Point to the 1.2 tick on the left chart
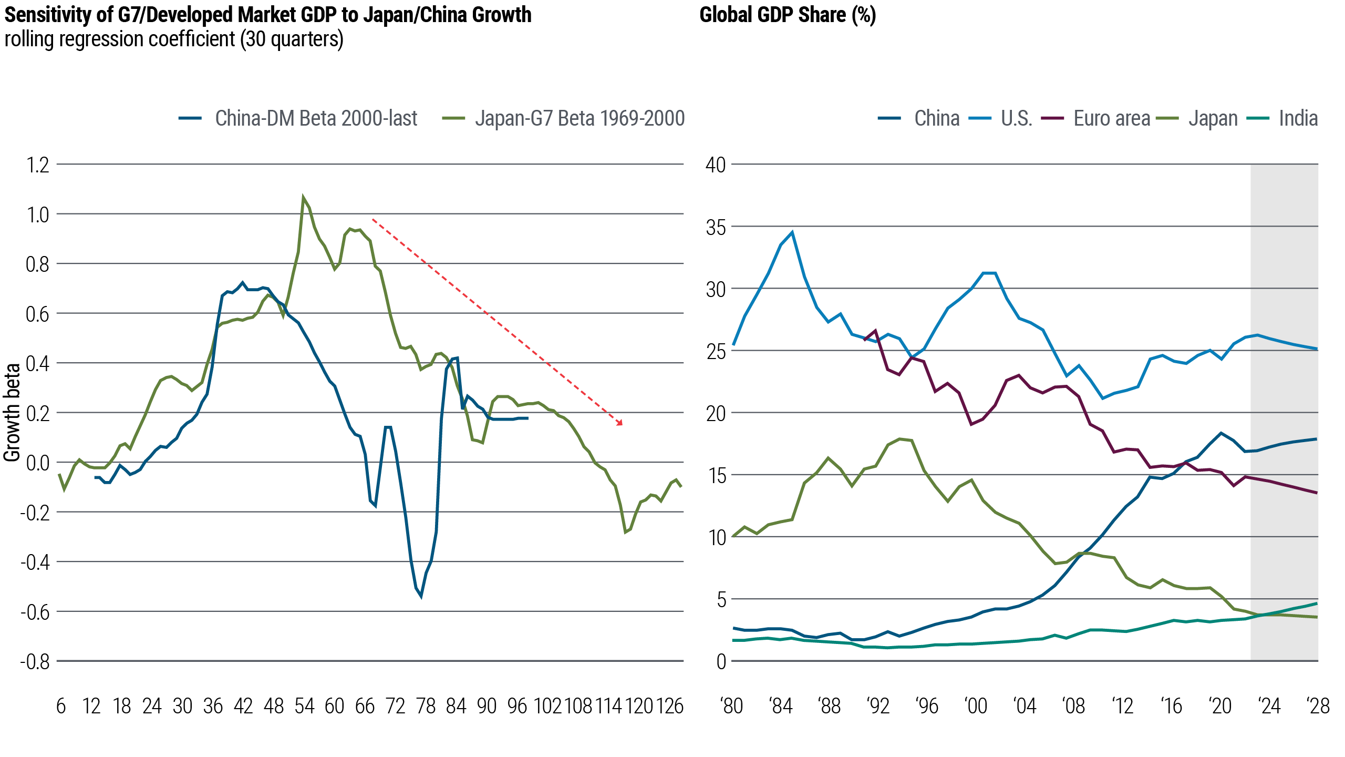(x=37, y=165)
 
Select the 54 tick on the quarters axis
(x=304, y=706)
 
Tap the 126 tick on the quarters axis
(x=669, y=706)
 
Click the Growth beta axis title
(x=12, y=413)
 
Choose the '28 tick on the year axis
(x=1318, y=706)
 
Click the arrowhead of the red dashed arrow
(x=621, y=424)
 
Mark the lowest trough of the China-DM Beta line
(x=421, y=597)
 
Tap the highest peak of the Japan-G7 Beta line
(x=303, y=197)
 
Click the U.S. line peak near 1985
(x=792, y=232)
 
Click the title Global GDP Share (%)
(x=788, y=15)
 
